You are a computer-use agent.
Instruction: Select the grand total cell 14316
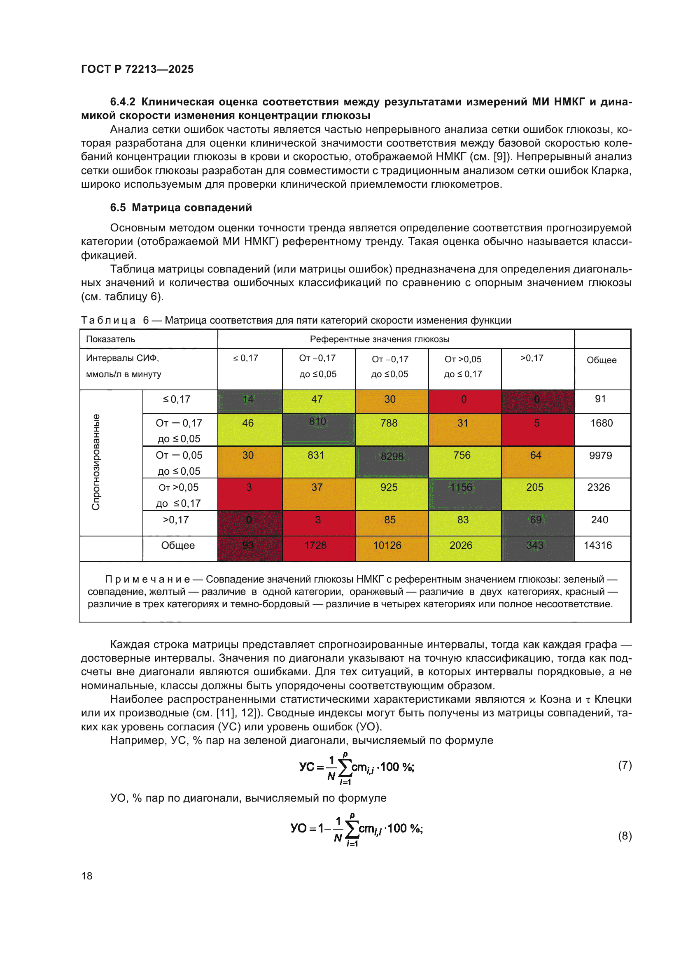click(x=597, y=545)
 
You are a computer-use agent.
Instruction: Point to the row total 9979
click(x=600, y=455)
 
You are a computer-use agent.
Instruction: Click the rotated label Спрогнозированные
click(x=96, y=462)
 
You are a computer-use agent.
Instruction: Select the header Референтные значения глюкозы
click(x=380, y=339)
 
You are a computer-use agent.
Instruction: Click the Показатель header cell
click(x=111, y=339)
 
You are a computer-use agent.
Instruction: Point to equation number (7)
click(x=625, y=765)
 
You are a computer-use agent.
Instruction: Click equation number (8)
click(x=625, y=836)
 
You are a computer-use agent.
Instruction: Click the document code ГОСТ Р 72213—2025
click(x=138, y=69)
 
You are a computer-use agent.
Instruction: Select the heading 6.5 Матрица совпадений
click(x=181, y=208)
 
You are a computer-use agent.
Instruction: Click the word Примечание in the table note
click(x=147, y=579)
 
